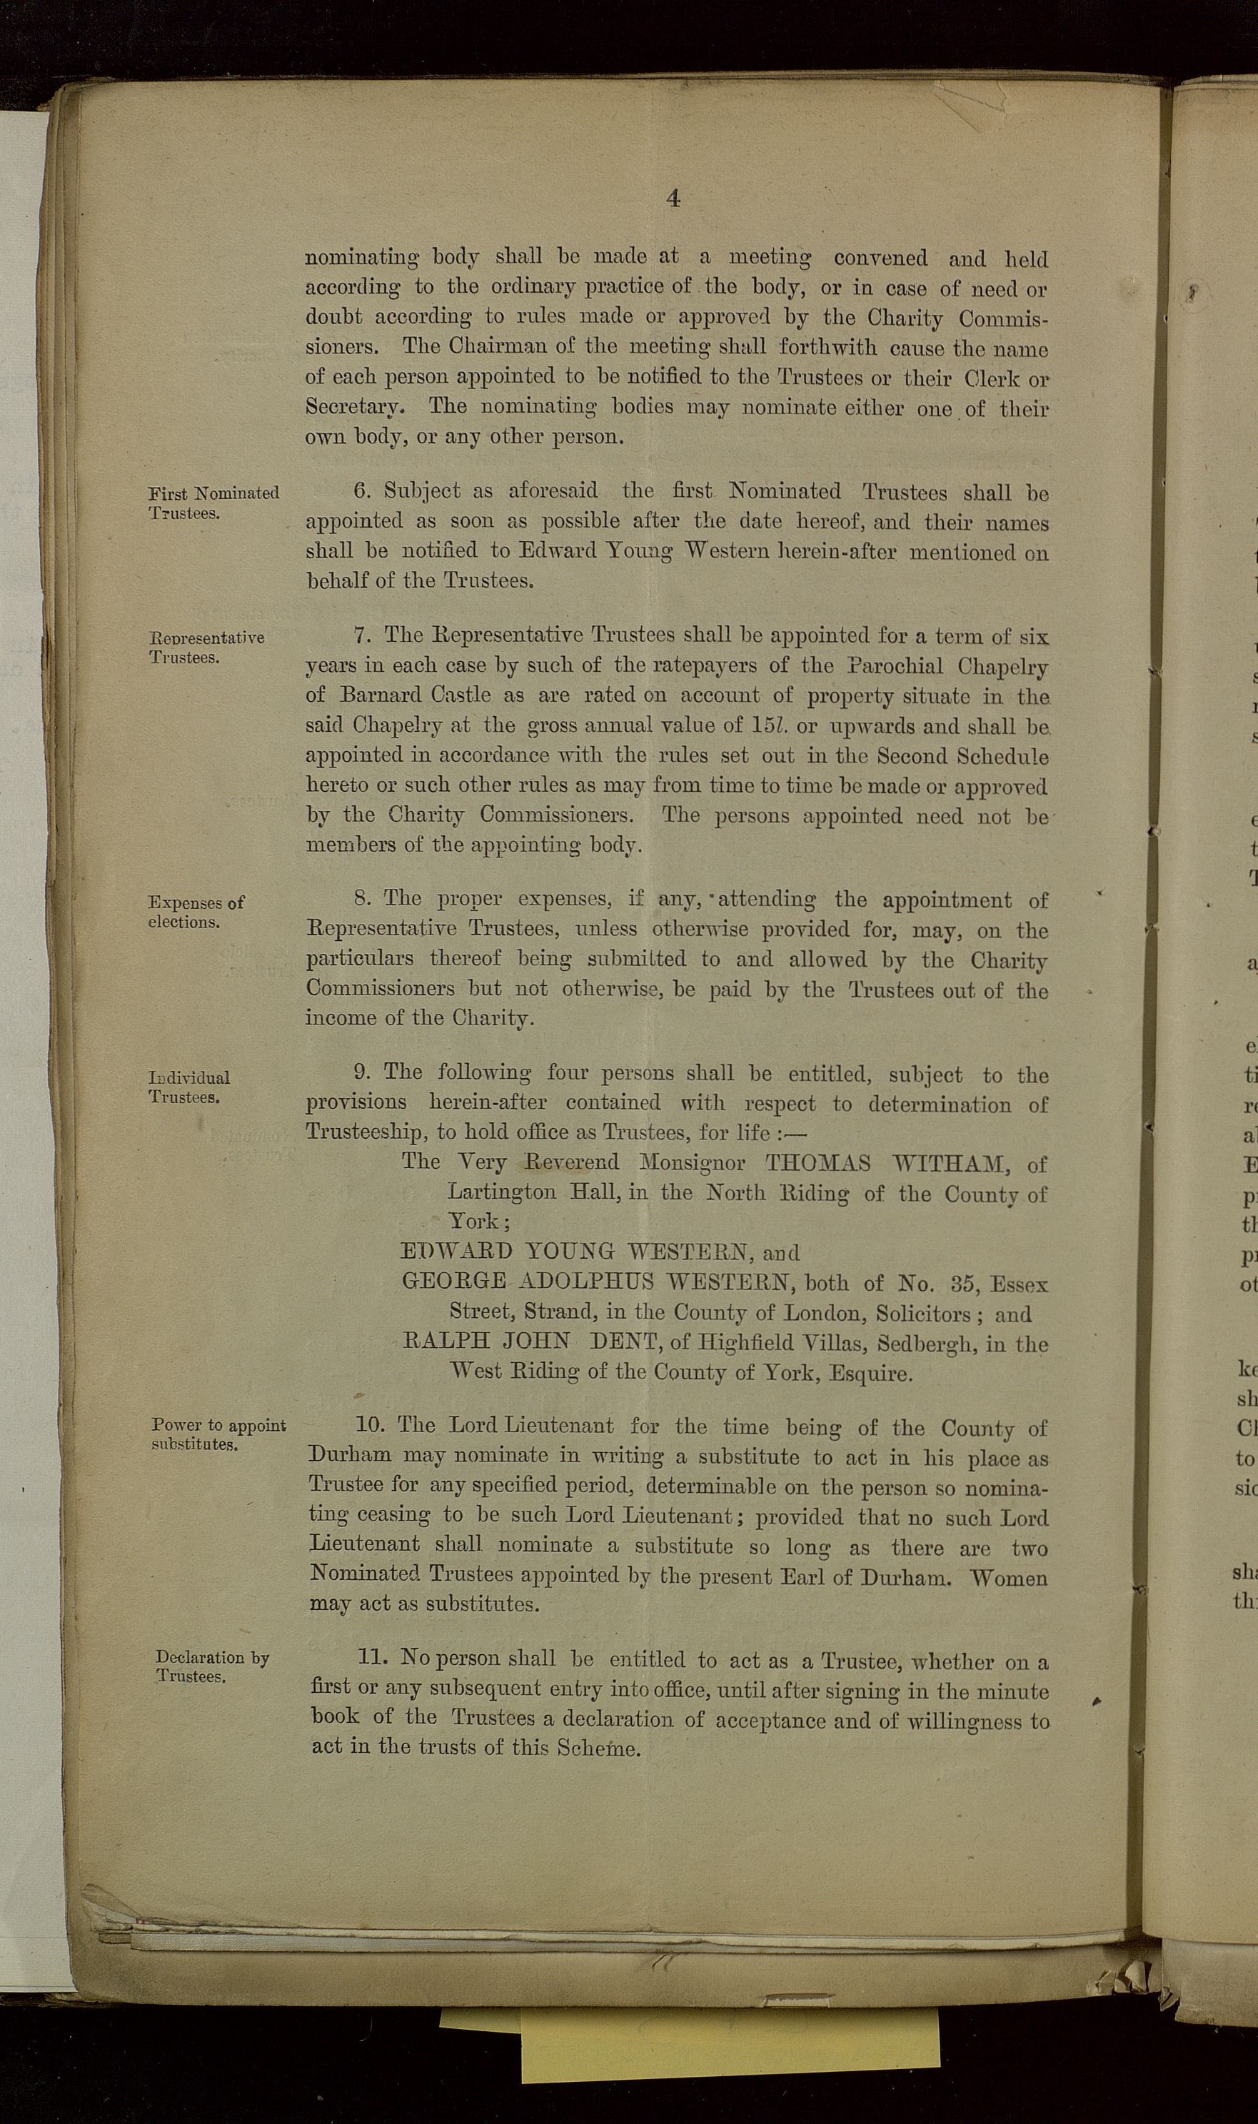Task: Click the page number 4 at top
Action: coord(673,198)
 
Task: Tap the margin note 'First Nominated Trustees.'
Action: coord(213,503)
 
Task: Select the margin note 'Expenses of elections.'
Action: coord(196,912)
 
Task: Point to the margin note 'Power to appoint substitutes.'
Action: coord(218,1434)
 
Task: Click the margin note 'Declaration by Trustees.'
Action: coord(212,1666)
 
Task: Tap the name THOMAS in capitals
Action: coord(817,1163)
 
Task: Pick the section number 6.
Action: coord(363,490)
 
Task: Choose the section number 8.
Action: coord(363,898)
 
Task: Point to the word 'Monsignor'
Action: coord(692,1162)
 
